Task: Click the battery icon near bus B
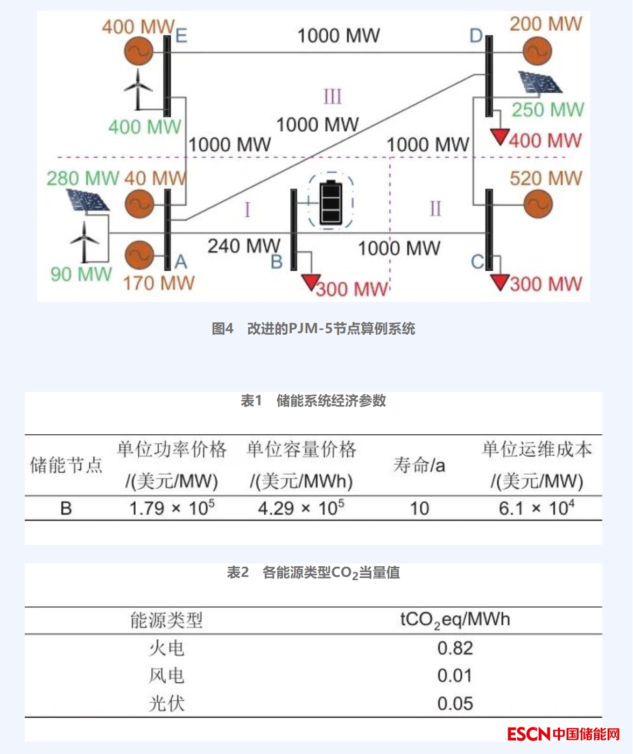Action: click(x=330, y=203)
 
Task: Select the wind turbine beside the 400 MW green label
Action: click(x=138, y=89)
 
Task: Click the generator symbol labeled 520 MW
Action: click(x=538, y=204)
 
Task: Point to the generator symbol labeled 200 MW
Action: click(x=537, y=52)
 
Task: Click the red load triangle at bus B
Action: click(x=311, y=281)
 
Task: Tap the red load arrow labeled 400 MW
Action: click(x=501, y=137)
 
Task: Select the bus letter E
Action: click(x=181, y=36)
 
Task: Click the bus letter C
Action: click(x=477, y=262)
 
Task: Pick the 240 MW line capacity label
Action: click(x=244, y=246)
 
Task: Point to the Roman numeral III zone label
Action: click(x=333, y=97)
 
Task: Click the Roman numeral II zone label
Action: click(x=435, y=208)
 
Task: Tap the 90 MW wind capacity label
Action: click(x=81, y=274)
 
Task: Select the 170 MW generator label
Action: click(x=158, y=283)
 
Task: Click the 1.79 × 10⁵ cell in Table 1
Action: click(x=172, y=508)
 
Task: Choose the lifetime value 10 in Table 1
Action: click(x=419, y=509)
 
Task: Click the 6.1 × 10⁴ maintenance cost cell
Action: click(x=536, y=508)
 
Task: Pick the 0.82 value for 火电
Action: click(x=455, y=649)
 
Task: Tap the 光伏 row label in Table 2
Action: click(x=166, y=703)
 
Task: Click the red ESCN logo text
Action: click(x=529, y=734)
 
